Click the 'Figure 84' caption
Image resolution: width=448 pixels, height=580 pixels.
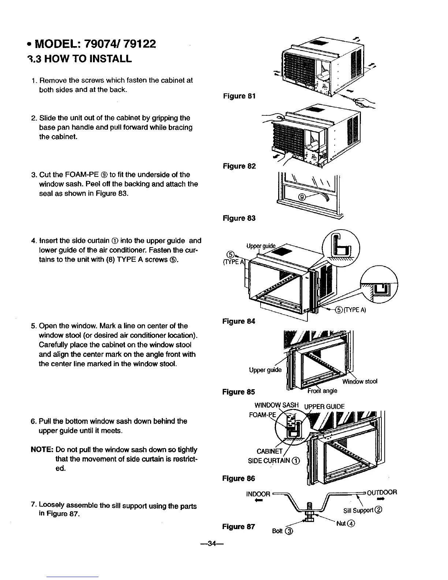(239, 321)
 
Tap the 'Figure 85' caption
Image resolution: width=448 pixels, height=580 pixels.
(239, 392)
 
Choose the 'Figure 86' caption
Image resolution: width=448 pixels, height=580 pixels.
(239, 479)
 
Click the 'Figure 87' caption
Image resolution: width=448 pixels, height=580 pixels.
(239, 527)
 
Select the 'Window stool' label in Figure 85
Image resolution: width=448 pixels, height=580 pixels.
(359, 382)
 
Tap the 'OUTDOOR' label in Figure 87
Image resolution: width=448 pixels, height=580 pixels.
(382, 492)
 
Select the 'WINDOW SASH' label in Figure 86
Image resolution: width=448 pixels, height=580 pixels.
(277, 406)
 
